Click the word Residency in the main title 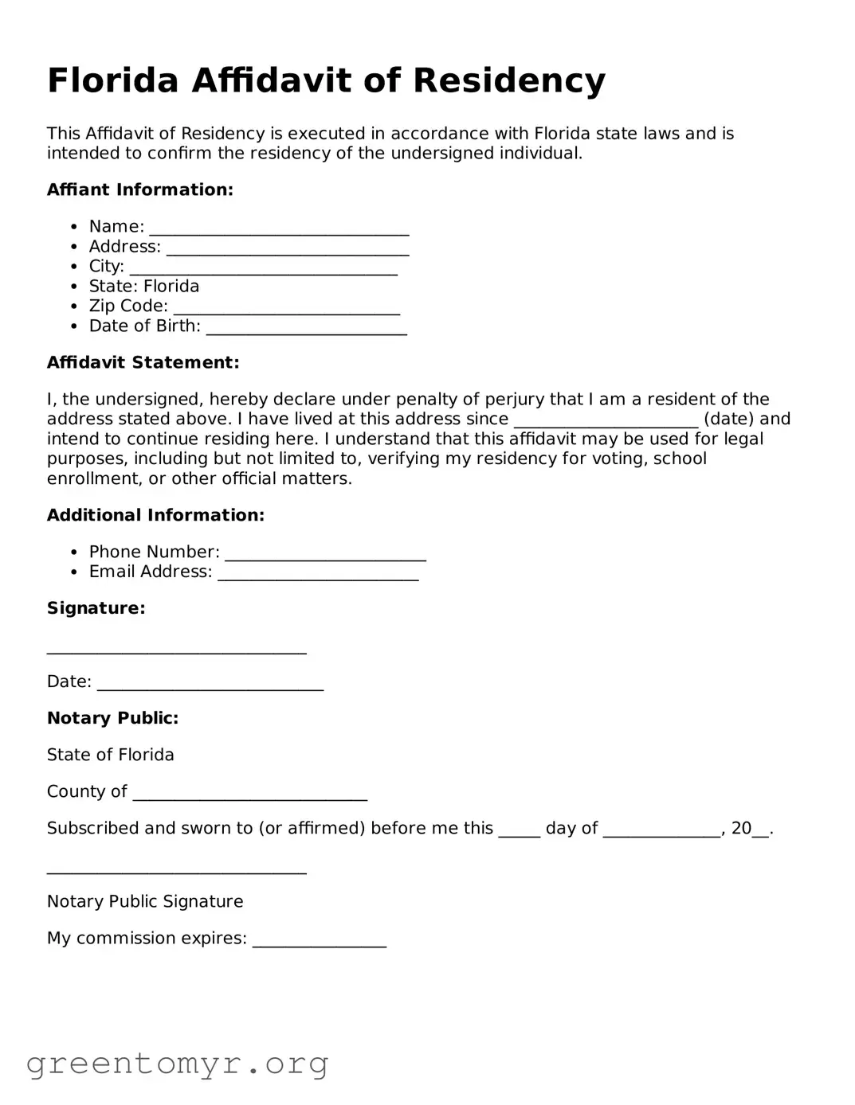tap(509, 81)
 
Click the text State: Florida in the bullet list tap(144, 287)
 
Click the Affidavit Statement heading tap(143, 363)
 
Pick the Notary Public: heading tap(112, 718)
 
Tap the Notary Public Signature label tap(145, 902)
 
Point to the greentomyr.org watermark tap(177, 1064)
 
